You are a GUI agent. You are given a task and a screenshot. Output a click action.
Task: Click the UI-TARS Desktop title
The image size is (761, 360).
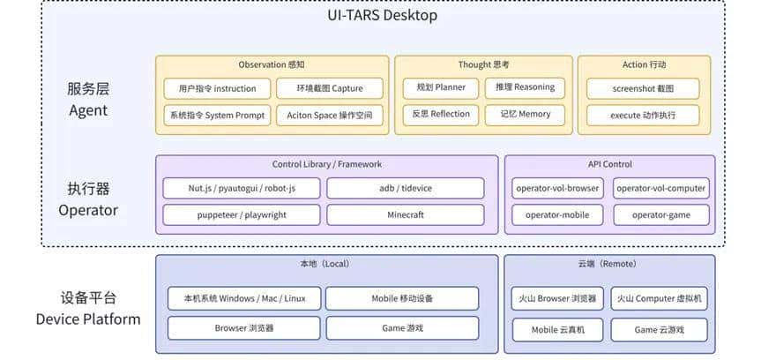[x=382, y=15]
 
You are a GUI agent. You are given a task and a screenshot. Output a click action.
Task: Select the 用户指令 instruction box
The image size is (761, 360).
[x=217, y=88]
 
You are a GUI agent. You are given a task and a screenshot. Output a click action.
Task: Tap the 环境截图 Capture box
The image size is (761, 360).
[x=330, y=88]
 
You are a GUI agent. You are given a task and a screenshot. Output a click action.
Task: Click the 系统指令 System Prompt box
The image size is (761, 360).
[x=217, y=116]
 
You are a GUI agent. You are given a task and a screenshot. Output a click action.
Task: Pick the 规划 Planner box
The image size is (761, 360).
[x=441, y=87]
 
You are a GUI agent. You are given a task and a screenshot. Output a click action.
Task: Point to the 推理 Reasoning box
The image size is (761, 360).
[x=525, y=87]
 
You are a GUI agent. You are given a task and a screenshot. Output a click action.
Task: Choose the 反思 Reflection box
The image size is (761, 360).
[x=441, y=114]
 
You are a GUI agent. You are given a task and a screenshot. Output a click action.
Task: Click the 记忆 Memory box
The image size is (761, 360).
[x=525, y=114]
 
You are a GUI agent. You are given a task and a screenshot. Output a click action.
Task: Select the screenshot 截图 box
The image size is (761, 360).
[x=643, y=89]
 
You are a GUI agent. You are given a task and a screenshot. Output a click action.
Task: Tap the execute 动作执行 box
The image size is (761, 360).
[x=643, y=116]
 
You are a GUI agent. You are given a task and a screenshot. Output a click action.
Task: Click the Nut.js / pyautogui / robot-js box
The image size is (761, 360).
[x=242, y=188]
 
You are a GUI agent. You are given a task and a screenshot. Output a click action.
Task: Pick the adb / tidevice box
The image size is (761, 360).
[x=405, y=188]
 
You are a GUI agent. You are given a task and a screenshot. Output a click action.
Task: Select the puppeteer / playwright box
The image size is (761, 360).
[x=242, y=214]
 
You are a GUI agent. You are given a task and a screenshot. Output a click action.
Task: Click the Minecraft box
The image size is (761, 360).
[x=405, y=214]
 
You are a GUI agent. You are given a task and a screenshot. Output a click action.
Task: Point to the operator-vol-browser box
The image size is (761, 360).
[x=557, y=188]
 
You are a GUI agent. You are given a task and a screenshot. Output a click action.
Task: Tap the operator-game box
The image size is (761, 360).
[x=661, y=214]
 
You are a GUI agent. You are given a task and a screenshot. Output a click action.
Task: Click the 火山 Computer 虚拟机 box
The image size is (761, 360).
[x=659, y=298]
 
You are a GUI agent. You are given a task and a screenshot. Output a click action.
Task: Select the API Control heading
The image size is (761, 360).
[x=609, y=164]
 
